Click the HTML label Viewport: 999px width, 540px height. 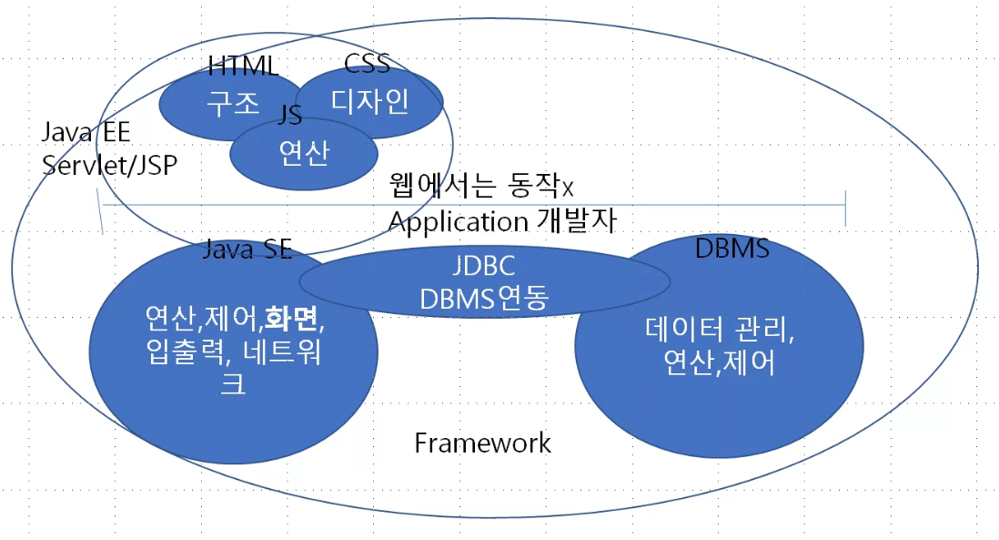243,66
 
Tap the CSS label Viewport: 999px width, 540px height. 367,65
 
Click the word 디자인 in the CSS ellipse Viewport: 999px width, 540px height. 369,99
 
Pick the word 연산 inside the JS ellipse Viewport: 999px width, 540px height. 303,152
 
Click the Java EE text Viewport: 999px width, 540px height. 86,133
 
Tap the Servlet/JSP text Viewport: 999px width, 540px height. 110,165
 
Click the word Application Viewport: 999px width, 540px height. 458,221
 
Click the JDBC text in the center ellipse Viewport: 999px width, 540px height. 483,267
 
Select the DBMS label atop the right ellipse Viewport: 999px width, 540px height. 732,248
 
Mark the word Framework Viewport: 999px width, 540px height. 482,443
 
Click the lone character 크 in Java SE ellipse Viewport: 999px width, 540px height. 233,384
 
